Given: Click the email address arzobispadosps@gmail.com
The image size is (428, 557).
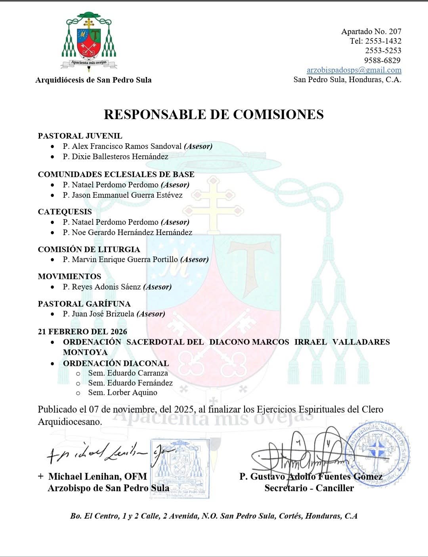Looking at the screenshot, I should point(354,70).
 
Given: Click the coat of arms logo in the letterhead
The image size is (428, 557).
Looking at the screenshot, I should point(89,42).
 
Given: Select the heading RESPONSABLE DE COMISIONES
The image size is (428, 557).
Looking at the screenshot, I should point(214,114).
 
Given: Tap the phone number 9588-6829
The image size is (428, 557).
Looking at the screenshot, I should point(382,60).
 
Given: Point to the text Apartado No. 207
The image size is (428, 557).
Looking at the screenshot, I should point(371,31).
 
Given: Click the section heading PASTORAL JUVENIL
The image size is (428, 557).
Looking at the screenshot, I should point(80,136).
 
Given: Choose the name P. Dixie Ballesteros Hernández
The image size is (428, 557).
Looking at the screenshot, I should point(115,157).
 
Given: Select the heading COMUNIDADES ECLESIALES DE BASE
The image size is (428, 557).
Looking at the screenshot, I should point(116,174).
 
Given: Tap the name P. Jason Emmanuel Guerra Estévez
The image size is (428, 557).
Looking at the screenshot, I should point(122,195).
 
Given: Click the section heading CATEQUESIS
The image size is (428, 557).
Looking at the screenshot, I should point(65,212).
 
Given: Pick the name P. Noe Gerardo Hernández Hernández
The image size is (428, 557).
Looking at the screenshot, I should point(127,233).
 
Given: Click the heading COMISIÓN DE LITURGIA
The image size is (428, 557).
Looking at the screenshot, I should point(89,249).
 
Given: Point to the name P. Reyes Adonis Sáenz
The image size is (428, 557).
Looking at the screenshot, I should point(102,287).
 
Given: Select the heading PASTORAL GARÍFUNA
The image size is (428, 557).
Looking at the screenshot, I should point(84,304).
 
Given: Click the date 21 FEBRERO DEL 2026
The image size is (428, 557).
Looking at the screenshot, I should point(82,332).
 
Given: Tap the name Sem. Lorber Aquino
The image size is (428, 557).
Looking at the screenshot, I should point(122,393).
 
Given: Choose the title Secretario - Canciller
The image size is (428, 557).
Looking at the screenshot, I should point(309,488).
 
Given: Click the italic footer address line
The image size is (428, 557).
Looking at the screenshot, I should point(214,516).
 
